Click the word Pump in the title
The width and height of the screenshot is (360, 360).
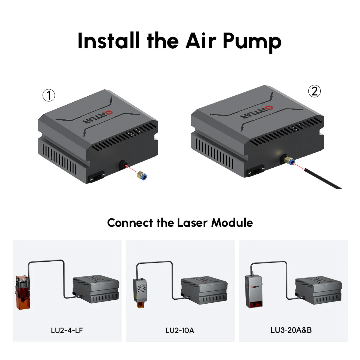click(252, 41)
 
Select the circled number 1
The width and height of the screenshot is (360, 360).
click(49, 96)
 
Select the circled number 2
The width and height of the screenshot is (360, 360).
click(314, 91)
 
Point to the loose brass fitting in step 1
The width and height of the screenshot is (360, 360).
click(141, 176)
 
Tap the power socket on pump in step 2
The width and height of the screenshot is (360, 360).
click(255, 171)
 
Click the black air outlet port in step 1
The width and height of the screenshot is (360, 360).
click(123, 164)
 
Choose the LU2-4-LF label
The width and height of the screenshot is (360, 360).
click(67, 330)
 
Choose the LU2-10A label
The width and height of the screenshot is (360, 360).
click(180, 330)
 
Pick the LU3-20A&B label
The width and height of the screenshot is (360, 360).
click(291, 330)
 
